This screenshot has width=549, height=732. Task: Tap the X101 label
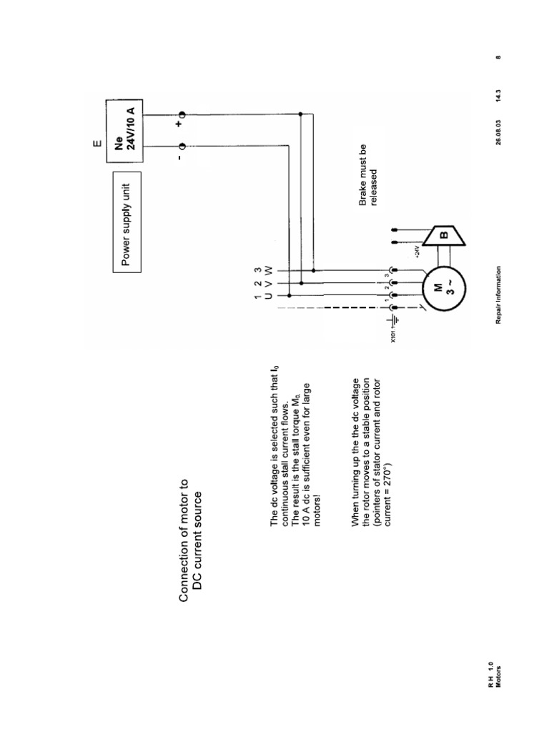click(392, 335)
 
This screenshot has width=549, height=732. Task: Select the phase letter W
click(269, 270)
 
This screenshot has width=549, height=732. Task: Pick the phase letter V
click(269, 284)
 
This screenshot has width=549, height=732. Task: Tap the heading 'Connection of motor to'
click(184, 540)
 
